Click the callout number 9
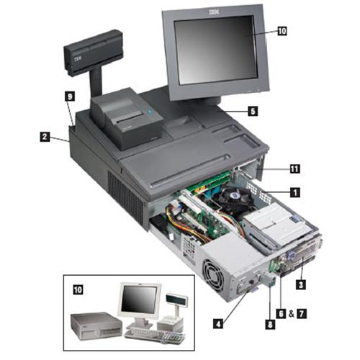click(x=70, y=97)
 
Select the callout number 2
click(x=45, y=137)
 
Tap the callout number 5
click(x=253, y=112)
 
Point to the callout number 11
click(x=294, y=169)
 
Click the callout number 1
click(x=295, y=192)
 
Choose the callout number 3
click(x=301, y=284)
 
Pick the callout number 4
click(x=218, y=324)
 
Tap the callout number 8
click(x=270, y=325)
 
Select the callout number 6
click(x=281, y=313)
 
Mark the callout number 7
click(x=302, y=313)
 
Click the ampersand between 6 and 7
click(x=292, y=314)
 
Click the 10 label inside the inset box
click(x=78, y=289)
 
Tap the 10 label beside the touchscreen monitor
click(x=282, y=31)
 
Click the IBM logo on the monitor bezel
click(x=214, y=12)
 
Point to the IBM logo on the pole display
click(x=77, y=59)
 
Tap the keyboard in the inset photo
click(x=155, y=336)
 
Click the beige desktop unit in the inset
click(x=96, y=325)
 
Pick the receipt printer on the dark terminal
click(x=126, y=118)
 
